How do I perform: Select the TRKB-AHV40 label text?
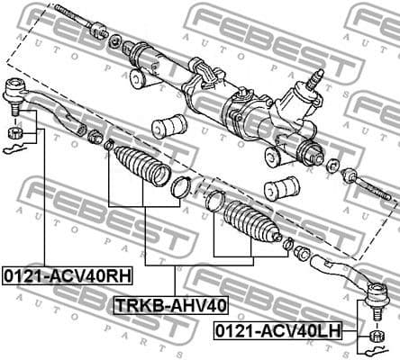coord(170,305)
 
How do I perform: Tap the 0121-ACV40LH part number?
coord(277,331)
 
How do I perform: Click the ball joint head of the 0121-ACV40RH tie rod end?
coord(15,91)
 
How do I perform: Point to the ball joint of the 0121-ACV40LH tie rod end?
coord(377,293)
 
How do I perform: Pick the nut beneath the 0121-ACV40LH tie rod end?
coord(377,337)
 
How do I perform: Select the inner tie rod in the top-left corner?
coord(81,22)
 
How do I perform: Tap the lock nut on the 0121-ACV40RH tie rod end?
coord(94,138)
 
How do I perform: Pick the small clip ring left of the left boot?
coord(109,145)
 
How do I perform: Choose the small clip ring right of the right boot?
coord(287,245)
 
